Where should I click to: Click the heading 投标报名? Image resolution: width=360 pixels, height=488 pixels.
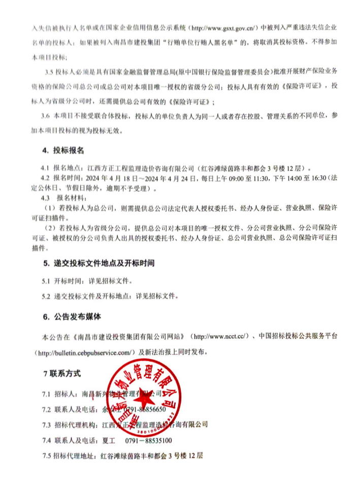tap(63, 151)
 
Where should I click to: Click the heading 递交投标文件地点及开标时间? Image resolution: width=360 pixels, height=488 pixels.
tap(99, 264)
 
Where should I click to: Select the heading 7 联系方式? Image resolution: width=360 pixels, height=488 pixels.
tap(62, 373)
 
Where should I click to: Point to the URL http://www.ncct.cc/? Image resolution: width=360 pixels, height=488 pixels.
tap(220, 337)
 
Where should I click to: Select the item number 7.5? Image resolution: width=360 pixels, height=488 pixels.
tap(48, 456)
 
